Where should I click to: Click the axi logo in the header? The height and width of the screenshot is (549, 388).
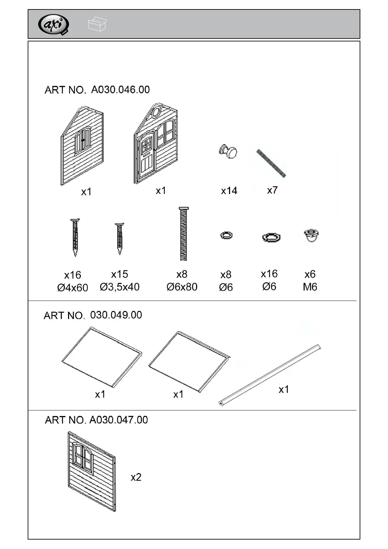tap(53, 24)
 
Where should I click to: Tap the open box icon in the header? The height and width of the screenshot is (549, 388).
tap(97, 24)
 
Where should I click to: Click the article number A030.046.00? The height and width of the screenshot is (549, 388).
tap(120, 89)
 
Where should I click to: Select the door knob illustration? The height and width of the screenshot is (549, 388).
tap(228, 152)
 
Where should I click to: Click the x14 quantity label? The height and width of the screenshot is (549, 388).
tap(229, 191)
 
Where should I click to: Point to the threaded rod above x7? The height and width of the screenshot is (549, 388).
tap(271, 163)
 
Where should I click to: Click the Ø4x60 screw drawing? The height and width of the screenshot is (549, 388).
tap(75, 237)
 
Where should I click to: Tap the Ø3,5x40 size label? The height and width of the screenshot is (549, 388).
tap(120, 287)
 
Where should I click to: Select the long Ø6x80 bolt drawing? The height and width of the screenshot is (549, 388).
tap(183, 234)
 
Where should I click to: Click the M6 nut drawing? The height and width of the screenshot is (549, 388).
tap(311, 235)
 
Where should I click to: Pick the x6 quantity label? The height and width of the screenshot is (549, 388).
tap(310, 274)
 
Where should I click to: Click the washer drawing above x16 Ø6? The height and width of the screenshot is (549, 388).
tap(271, 237)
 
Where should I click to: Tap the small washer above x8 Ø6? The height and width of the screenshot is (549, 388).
tap(226, 235)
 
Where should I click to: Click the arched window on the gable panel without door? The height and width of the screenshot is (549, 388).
tap(83, 141)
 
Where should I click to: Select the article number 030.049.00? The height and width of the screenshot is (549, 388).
tap(116, 315)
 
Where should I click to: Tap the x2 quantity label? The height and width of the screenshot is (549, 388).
tap(136, 477)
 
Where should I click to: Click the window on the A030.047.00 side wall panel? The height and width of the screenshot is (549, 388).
tap(83, 457)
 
